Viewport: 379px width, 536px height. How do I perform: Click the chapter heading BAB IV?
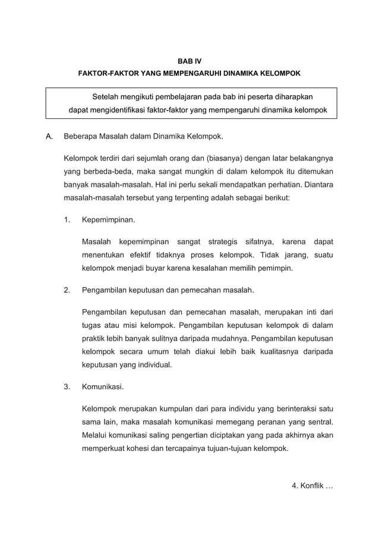click(190, 61)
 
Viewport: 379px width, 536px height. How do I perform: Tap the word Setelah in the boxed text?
click(106, 96)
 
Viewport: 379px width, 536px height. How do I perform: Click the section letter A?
click(50, 137)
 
